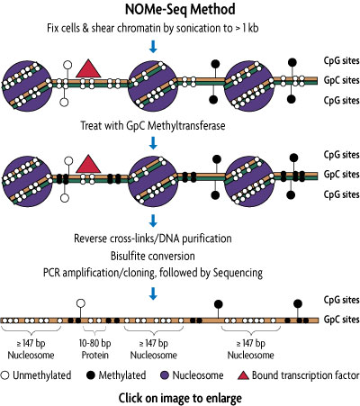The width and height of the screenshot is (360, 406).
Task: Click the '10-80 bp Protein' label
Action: point(94,347)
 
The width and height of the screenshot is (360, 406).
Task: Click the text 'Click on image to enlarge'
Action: point(180,396)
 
